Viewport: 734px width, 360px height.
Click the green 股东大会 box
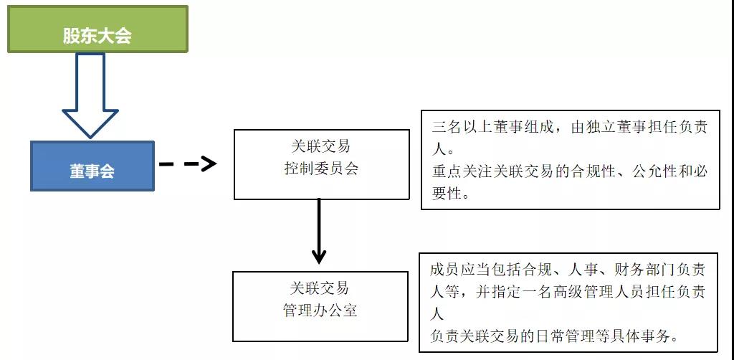pos(97,29)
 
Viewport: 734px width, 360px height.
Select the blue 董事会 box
pos(92,166)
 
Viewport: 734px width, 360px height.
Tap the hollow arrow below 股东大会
pos(90,96)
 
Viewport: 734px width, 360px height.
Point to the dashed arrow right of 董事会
pos(188,164)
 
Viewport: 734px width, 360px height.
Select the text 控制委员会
pos(321,168)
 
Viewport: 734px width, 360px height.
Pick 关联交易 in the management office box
pos(320,288)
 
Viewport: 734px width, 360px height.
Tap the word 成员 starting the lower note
pos(444,269)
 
